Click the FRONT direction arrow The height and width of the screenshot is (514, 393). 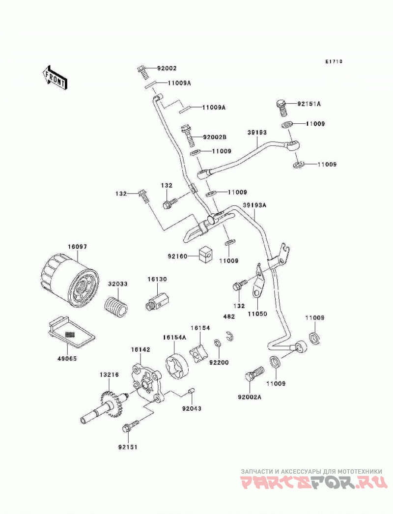tap(55, 77)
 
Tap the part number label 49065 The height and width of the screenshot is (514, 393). tap(67, 359)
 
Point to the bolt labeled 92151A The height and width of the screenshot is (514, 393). tap(281, 108)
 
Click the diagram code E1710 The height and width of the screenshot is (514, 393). tap(334, 61)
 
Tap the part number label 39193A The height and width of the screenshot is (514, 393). tap(254, 205)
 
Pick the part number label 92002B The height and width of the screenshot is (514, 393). tap(215, 137)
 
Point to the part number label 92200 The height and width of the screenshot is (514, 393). tap(219, 363)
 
